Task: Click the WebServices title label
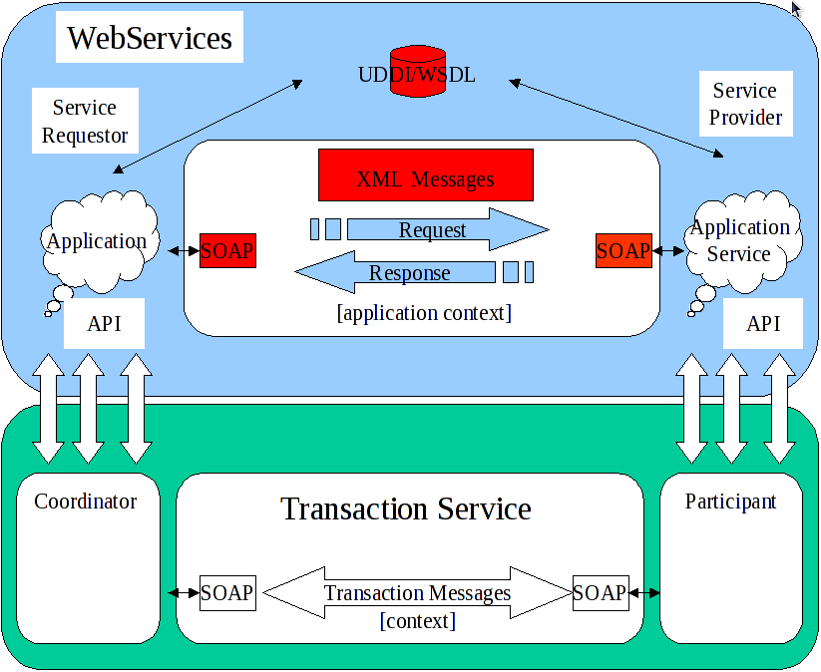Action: click(x=150, y=39)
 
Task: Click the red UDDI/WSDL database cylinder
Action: click(x=417, y=72)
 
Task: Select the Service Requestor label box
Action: click(x=85, y=121)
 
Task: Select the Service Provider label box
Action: click(x=745, y=104)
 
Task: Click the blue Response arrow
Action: click(x=399, y=272)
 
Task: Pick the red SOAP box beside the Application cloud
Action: click(x=227, y=250)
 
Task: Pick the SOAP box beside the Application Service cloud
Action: click(x=623, y=250)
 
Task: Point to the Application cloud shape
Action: click(x=97, y=240)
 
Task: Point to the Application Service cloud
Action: click(x=740, y=240)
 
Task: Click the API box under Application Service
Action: click(x=763, y=324)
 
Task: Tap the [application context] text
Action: click(x=425, y=313)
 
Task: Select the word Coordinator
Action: click(x=85, y=502)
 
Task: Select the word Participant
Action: click(x=730, y=502)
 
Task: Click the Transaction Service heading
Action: click(x=406, y=509)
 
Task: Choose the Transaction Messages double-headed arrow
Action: click(x=417, y=593)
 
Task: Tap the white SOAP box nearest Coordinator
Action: click(x=227, y=592)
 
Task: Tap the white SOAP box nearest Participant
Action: click(x=600, y=592)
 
